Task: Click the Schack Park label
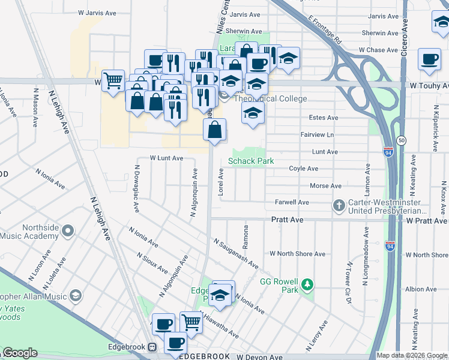tap(251, 161)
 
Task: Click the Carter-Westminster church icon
tap(339, 206)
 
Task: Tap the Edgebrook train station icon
tap(152, 347)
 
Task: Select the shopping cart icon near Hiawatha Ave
tap(191, 322)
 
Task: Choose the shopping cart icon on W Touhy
tap(113, 80)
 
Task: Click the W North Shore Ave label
tap(298, 254)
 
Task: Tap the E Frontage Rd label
tap(326, 31)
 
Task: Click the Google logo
tap(20, 353)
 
